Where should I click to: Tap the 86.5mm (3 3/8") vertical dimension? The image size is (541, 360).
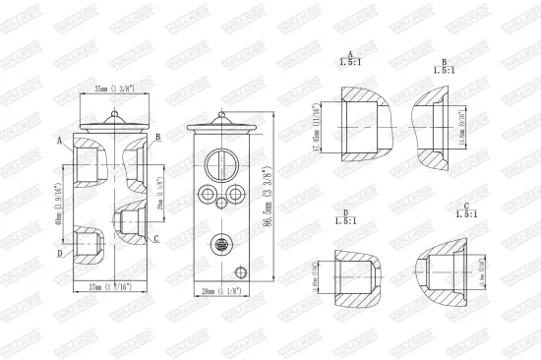tap(270, 197)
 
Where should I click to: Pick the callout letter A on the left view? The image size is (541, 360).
tap(60, 141)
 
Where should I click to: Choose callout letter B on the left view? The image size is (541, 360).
tap(157, 136)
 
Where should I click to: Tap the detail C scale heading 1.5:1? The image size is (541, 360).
tap(467, 212)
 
